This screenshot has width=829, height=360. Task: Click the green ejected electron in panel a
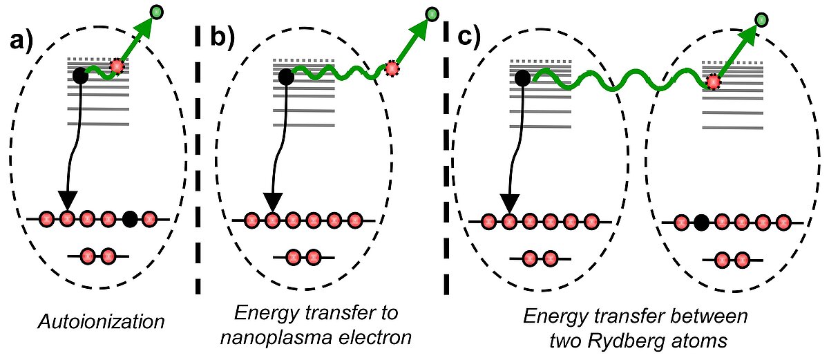(158, 11)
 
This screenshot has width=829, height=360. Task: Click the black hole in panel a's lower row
(129, 220)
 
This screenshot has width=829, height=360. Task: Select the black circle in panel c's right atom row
(701, 222)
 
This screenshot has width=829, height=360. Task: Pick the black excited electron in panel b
(286, 77)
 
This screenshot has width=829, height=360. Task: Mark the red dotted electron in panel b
(392, 68)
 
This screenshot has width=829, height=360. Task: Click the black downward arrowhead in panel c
(510, 203)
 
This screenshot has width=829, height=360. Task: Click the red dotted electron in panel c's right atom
(713, 83)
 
